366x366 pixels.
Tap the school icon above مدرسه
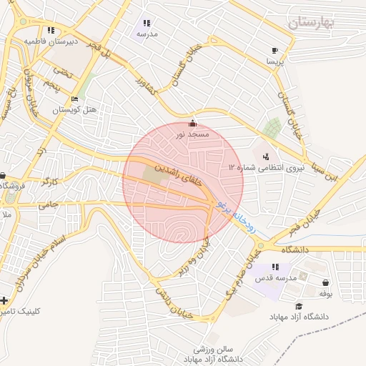147,23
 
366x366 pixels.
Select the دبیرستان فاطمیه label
50,41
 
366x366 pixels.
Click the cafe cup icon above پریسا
275,50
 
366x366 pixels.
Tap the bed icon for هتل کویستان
75,99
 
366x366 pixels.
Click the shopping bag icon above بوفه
326,282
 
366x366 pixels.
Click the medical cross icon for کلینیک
6,300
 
